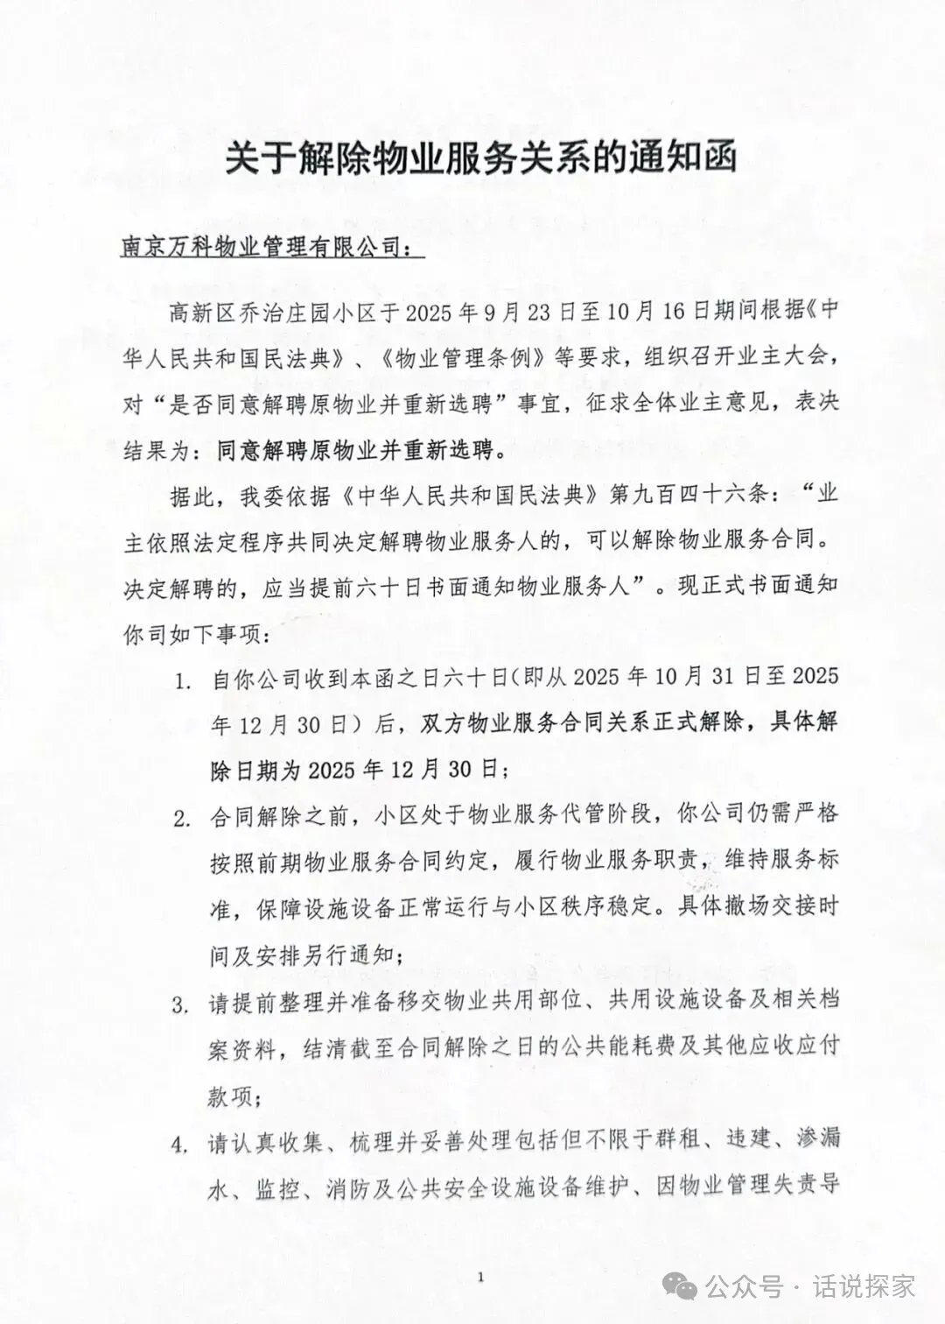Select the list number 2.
(x=181, y=820)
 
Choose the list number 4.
(x=181, y=1144)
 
